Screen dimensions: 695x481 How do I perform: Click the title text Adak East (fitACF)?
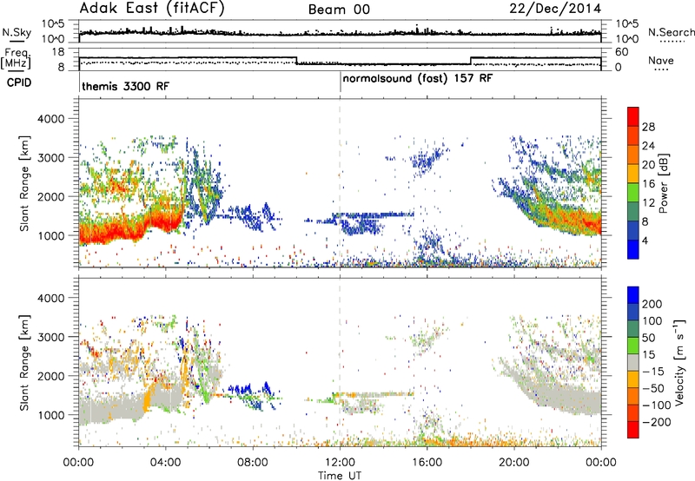pos(152,9)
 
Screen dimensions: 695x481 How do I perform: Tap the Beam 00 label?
pos(339,10)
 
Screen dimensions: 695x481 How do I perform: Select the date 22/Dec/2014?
pos(555,9)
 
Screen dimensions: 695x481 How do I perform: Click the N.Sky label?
pos(17,32)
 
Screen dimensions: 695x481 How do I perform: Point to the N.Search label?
pos(671,32)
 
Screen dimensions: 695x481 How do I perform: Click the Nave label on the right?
pos(661,60)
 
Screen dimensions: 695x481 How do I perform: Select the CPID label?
pos(19,82)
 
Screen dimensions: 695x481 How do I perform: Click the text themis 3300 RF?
pos(125,86)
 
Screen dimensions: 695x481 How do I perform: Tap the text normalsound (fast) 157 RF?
pos(418,79)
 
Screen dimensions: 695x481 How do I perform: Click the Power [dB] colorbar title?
pos(663,183)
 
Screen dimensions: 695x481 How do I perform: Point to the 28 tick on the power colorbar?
pos(648,127)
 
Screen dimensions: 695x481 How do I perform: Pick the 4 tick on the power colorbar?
pos(645,240)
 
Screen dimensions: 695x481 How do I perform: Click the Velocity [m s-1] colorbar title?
pos(679,362)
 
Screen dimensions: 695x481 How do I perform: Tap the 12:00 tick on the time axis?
pos(340,463)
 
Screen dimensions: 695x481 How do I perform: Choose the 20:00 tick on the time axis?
pos(514,463)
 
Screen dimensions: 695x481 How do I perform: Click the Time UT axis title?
pos(340,476)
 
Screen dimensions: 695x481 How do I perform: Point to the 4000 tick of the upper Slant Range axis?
pos(50,119)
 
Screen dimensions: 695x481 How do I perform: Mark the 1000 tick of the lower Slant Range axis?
pos(50,415)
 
